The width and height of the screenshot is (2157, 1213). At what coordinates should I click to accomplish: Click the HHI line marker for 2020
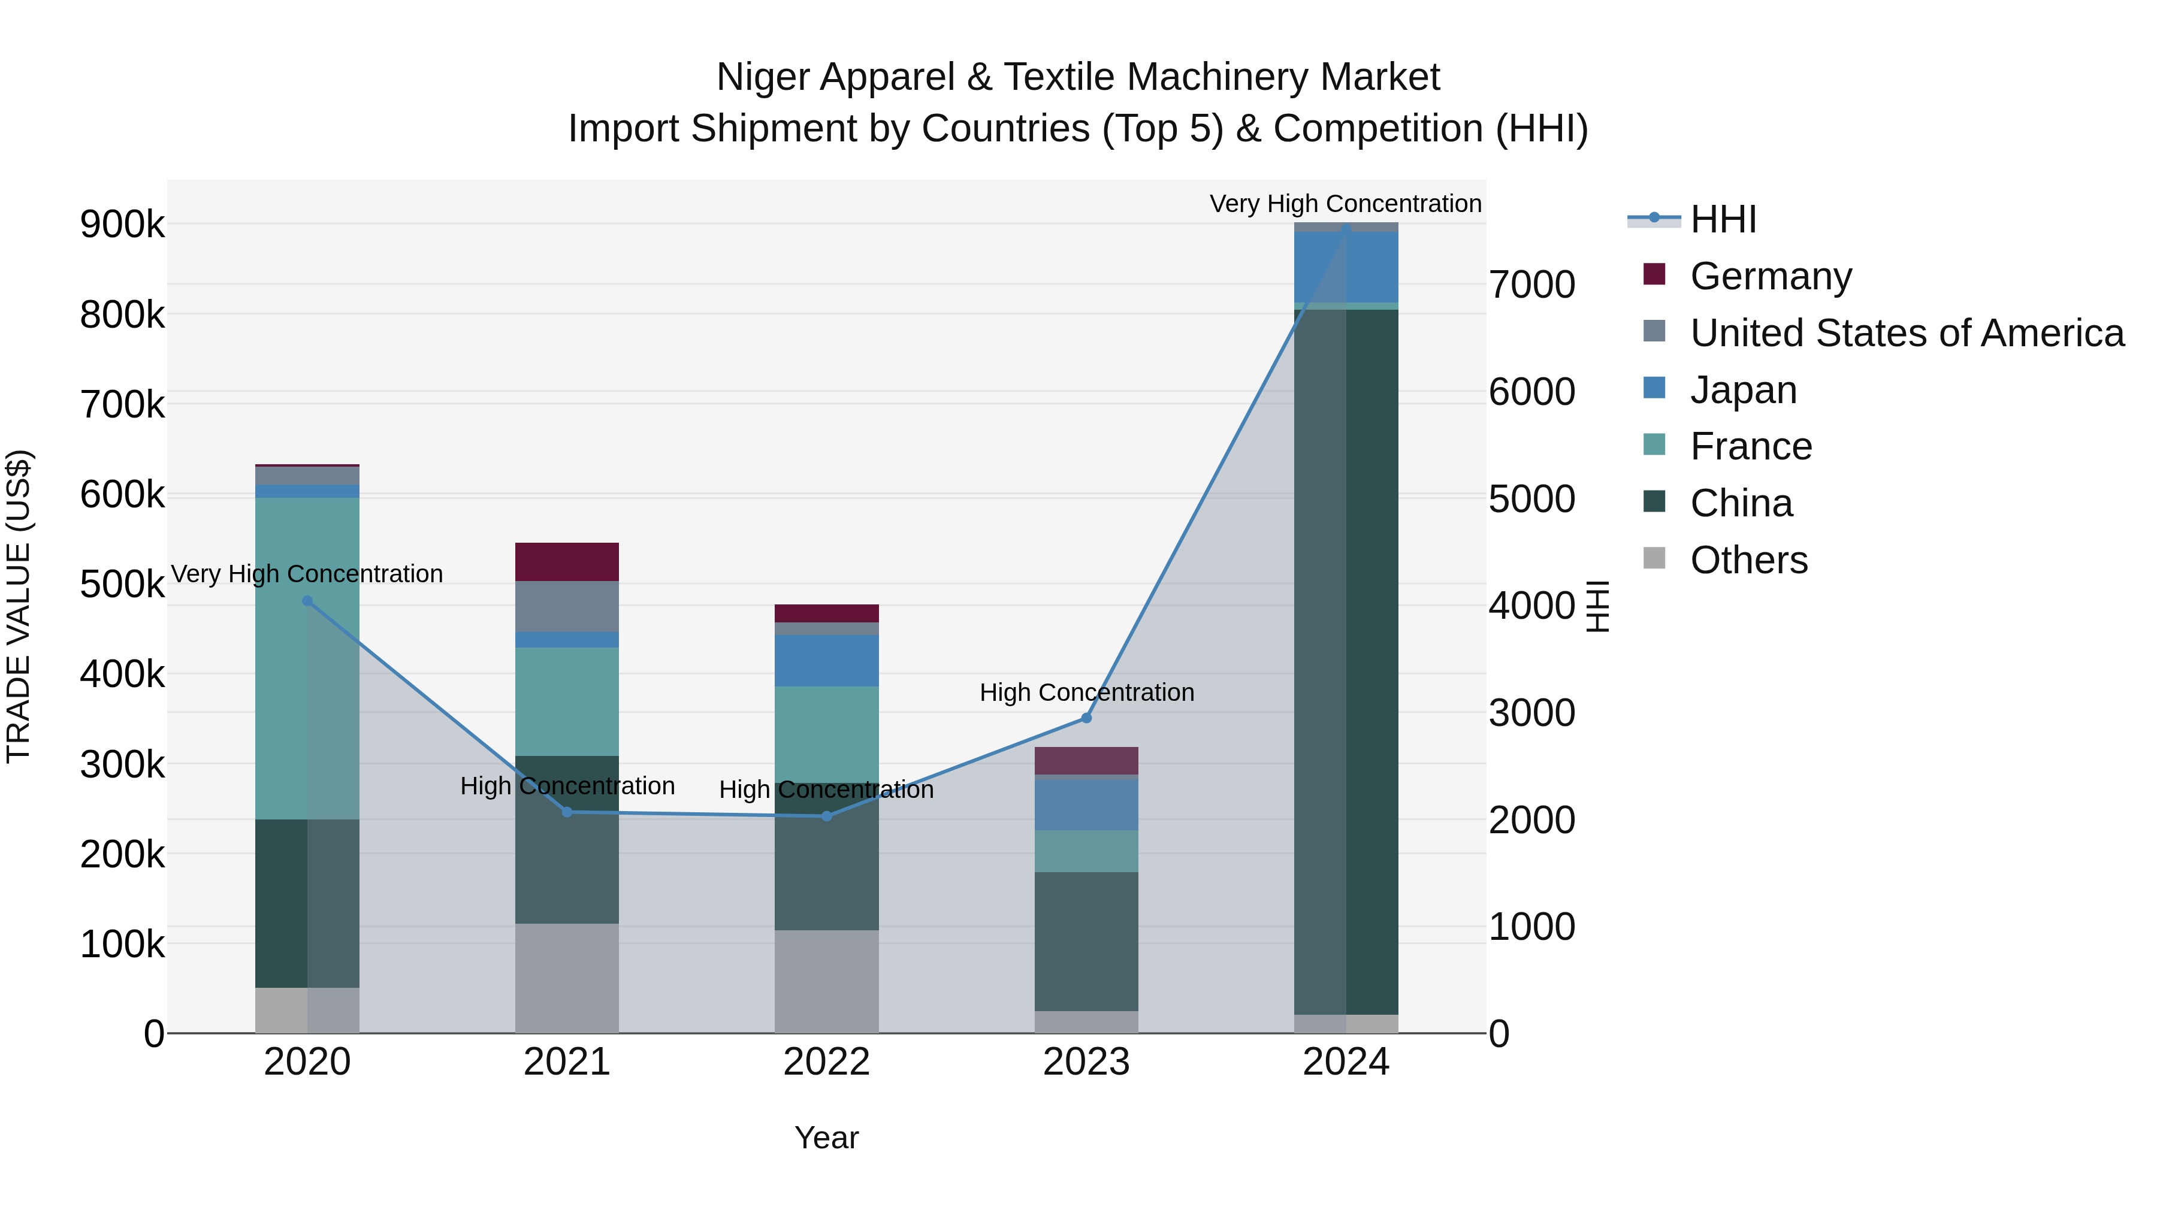(307, 601)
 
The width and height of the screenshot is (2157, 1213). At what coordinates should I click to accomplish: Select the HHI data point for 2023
(1086, 718)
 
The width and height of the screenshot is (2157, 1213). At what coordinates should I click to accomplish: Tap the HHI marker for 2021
(567, 812)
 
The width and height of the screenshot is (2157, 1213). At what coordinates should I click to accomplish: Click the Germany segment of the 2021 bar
(567, 562)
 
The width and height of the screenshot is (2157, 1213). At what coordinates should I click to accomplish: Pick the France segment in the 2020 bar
(307, 658)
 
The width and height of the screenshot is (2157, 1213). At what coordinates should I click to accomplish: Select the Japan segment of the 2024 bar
(1346, 267)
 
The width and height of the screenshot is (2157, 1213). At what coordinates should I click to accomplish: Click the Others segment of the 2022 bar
(826, 981)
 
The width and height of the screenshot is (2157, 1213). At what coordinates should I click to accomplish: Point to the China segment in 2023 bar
(1086, 941)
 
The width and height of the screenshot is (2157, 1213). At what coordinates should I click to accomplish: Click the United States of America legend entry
(1907, 333)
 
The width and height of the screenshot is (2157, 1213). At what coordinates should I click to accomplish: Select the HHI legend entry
(1723, 219)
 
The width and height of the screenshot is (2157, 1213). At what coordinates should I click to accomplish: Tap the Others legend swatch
(1654, 558)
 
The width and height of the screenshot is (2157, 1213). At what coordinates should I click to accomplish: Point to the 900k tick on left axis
(122, 225)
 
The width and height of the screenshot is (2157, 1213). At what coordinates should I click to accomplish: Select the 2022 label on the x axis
(826, 1062)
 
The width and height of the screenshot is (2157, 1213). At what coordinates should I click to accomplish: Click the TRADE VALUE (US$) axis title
(19, 606)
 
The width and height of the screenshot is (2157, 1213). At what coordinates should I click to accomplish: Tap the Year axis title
(826, 1138)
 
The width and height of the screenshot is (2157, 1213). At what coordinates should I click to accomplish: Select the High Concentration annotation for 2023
(1086, 692)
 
